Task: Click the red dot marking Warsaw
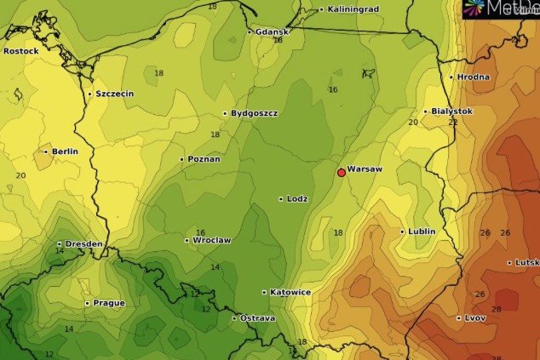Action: tap(342, 173)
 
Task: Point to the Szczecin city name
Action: tap(114, 94)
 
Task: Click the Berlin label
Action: tap(65, 151)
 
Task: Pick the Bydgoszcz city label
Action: tap(255, 113)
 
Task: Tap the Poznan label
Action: tap(204, 159)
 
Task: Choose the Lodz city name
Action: tap(297, 199)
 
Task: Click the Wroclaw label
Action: tap(212, 240)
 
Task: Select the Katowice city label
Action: tap(290, 292)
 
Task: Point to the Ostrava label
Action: tap(257, 318)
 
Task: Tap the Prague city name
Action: tap(110, 303)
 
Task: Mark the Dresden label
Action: tap(83, 244)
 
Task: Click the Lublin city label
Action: tap(422, 231)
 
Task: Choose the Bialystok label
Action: tap(451, 111)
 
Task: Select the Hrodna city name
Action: tap(473, 77)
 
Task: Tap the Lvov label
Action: tap(475, 318)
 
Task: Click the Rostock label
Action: tap(21, 51)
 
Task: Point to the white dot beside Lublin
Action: tap(403, 231)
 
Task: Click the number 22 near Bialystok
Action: tap(453, 123)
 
